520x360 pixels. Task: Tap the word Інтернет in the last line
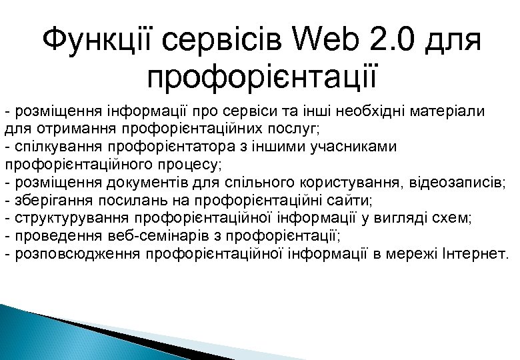tap(478, 254)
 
